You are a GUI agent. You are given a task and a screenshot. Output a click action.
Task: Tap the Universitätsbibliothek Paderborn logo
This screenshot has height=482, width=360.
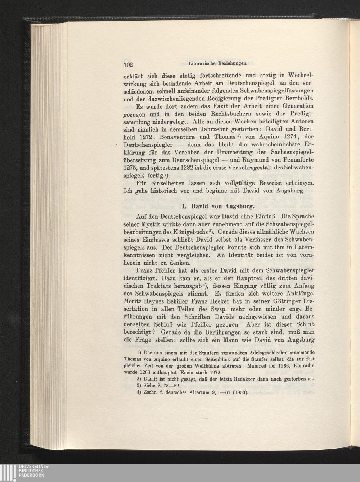point(25,473)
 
